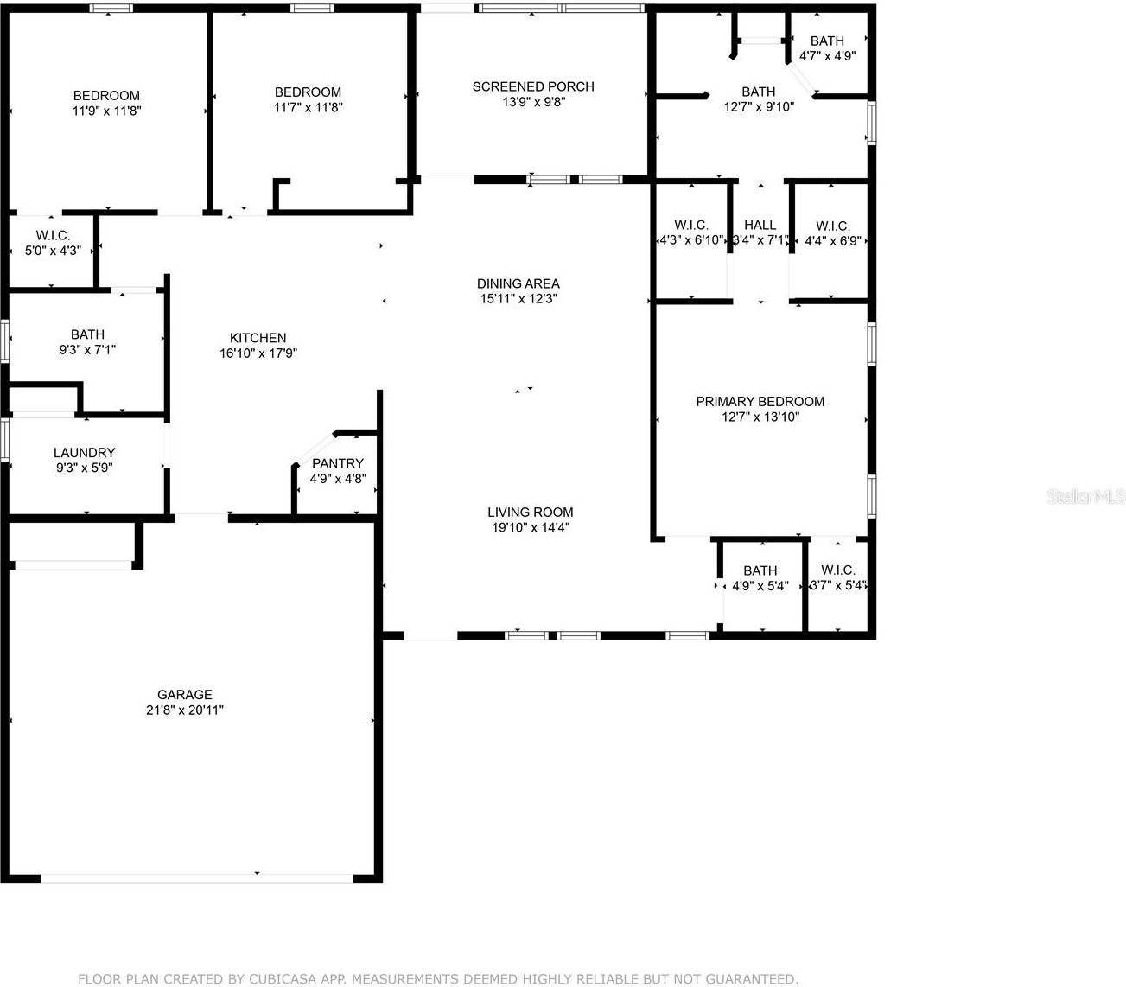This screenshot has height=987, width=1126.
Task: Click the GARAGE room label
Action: coord(184,694)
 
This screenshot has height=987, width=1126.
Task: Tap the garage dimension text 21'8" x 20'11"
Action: coord(184,710)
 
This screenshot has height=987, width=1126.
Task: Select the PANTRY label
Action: coord(337,463)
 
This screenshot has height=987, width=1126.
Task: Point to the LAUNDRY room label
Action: coord(84,452)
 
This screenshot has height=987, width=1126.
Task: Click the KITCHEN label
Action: coord(258,338)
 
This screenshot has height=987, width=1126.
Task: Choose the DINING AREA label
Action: coord(518,283)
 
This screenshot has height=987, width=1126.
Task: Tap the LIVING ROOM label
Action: coord(530,512)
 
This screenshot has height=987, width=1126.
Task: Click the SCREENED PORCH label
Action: coord(532,86)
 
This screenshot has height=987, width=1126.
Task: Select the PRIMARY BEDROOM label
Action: coord(760,401)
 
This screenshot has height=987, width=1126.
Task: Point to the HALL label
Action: coord(760,225)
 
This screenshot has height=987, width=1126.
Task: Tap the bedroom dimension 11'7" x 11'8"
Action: coord(308,107)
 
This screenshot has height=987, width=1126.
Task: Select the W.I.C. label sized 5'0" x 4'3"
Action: coord(53,235)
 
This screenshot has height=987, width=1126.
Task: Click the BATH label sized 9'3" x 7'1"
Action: coord(87,334)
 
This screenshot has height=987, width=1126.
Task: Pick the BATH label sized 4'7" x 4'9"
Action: coord(826,41)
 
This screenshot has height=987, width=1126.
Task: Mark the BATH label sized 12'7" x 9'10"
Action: coord(758,92)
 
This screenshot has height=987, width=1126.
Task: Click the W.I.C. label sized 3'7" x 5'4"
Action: coord(837,570)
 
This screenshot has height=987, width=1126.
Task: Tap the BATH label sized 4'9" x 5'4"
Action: coord(760,570)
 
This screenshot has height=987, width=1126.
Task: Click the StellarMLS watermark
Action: coord(1085,497)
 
